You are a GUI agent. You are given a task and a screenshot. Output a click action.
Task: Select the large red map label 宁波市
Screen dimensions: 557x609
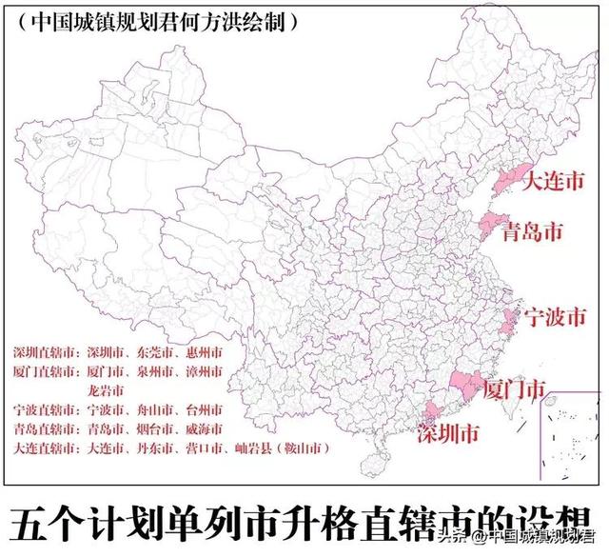(555, 318)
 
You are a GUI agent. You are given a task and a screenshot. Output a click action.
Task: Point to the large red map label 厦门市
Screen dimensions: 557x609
(514, 390)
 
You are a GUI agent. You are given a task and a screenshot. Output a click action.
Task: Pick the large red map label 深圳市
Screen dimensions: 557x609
(447, 435)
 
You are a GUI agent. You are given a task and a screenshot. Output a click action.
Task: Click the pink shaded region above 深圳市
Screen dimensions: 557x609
(431, 414)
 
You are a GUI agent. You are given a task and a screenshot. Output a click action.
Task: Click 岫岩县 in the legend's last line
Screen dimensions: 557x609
(258, 448)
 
